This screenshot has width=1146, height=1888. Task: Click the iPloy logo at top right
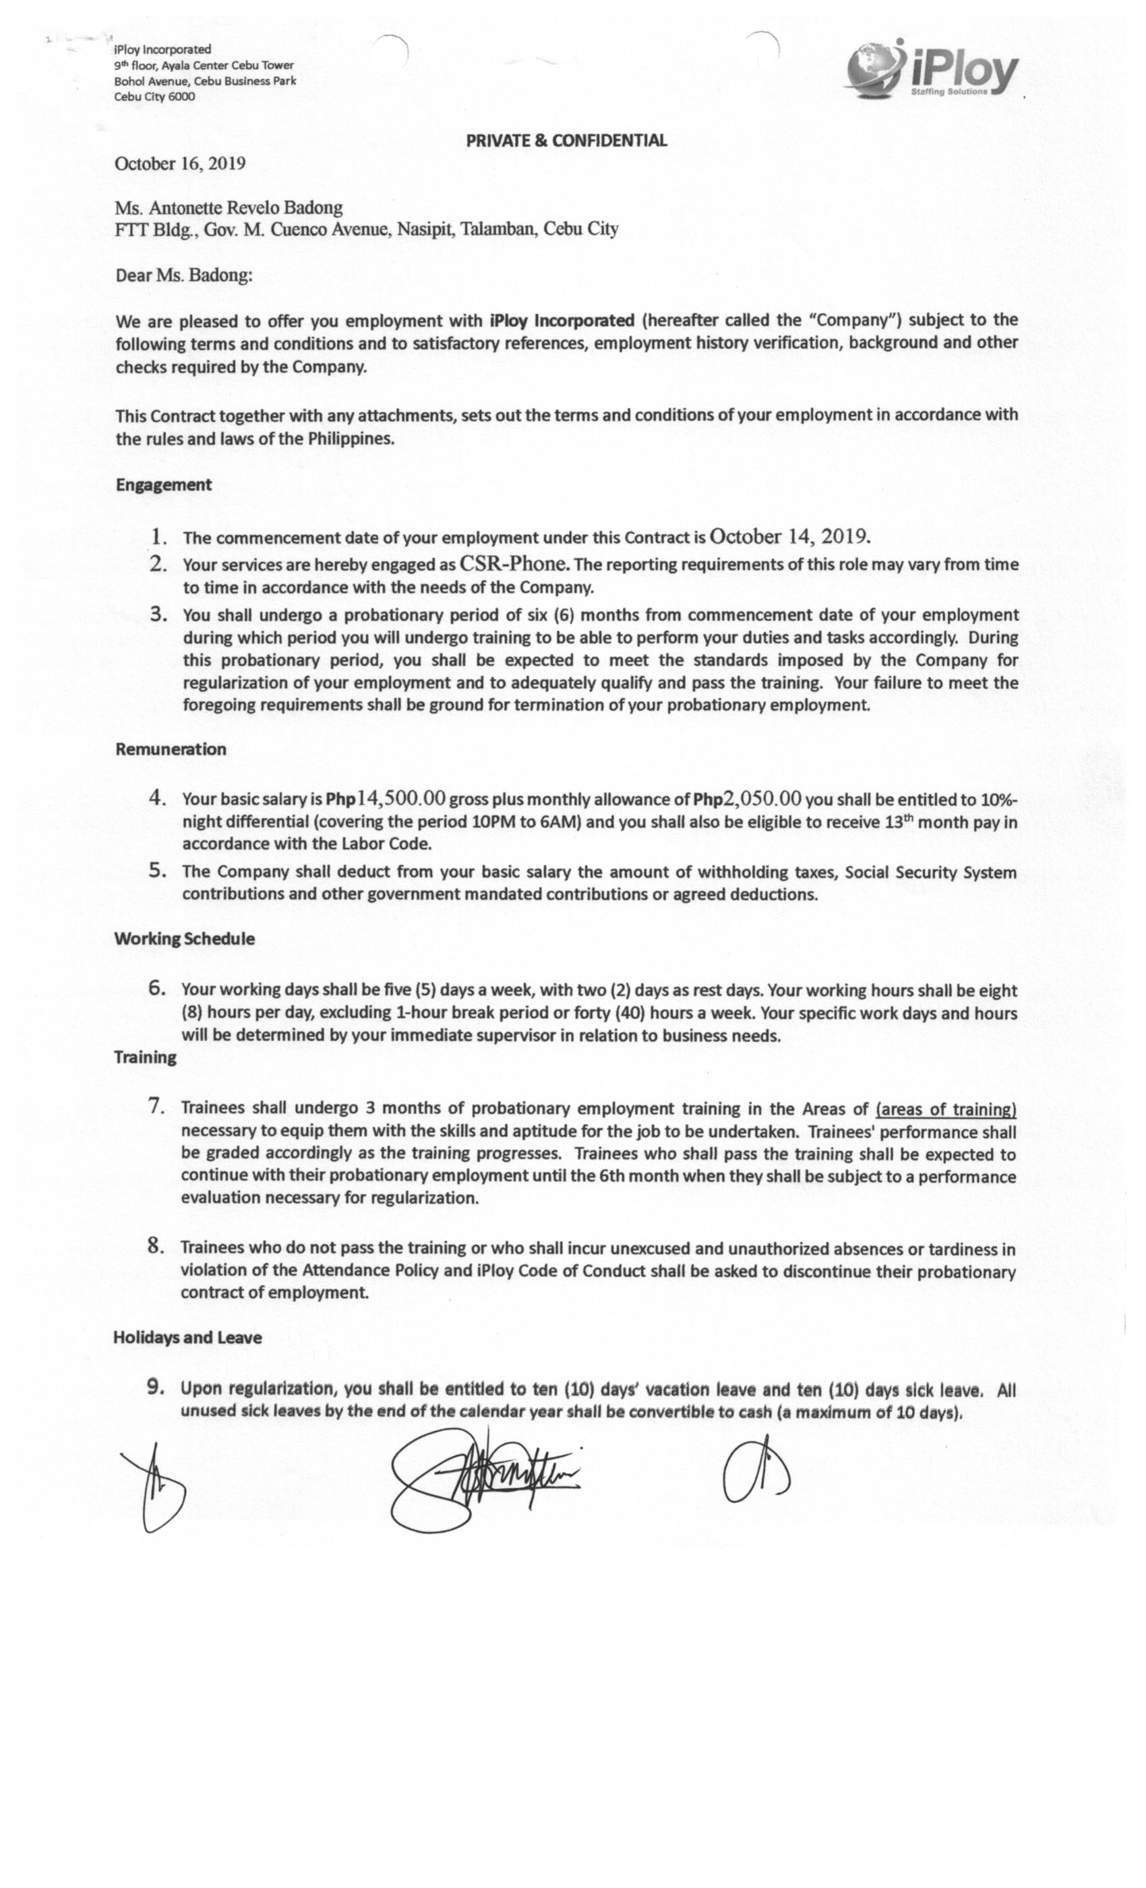(x=933, y=71)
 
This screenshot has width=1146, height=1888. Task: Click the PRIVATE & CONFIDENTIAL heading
(x=566, y=140)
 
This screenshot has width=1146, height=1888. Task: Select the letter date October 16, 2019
(x=180, y=163)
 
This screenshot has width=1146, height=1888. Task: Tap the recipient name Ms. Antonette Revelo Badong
(x=229, y=208)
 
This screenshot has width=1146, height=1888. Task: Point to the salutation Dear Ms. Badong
(x=184, y=275)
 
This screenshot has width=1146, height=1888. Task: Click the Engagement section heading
(x=163, y=484)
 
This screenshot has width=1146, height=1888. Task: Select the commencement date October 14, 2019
(x=790, y=535)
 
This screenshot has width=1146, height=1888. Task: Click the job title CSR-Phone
(x=513, y=564)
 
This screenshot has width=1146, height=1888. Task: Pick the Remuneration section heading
(x=171, y=748)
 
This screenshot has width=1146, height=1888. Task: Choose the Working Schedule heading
(x=184, y=939)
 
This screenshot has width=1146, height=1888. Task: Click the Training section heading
(x=145, y=1057)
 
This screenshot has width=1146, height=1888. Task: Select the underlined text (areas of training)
(x=945, y=1109)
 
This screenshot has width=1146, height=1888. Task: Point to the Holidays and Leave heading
(x=187, y=1337)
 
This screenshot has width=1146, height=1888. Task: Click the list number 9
(x=155, y=1386)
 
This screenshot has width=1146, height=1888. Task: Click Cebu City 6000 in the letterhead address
(x=155, y=96)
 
